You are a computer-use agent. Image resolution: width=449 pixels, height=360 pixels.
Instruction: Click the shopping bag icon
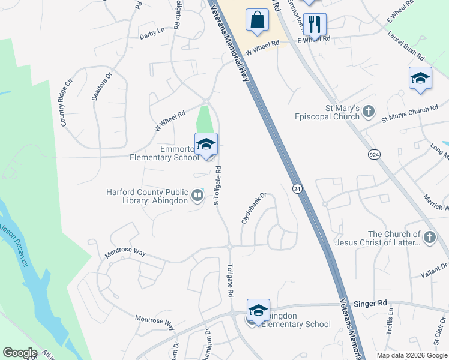[x=257, y=20]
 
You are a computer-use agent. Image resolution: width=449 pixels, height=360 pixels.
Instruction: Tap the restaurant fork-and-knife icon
[x=315, y=25]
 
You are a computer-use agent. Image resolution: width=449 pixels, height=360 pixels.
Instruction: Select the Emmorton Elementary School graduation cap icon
[x=206, y=145]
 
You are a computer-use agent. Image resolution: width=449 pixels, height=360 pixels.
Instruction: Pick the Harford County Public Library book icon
[x=197, y=196]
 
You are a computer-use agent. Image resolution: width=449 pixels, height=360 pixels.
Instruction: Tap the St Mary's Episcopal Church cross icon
[x=369, y=111]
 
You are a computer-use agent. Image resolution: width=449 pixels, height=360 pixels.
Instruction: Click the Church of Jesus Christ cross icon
[x=429, y=238]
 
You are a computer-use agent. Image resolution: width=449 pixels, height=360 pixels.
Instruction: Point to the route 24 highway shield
[x=297, y=188]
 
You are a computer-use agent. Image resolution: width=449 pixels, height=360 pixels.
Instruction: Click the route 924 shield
[x=375, y=154]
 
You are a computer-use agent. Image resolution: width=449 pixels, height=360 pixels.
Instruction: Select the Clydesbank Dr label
[x=253, y=209]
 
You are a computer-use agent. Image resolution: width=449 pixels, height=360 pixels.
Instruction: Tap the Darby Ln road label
[x=152, y=32]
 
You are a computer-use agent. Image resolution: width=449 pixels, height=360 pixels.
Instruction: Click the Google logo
[x=20, y=353]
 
